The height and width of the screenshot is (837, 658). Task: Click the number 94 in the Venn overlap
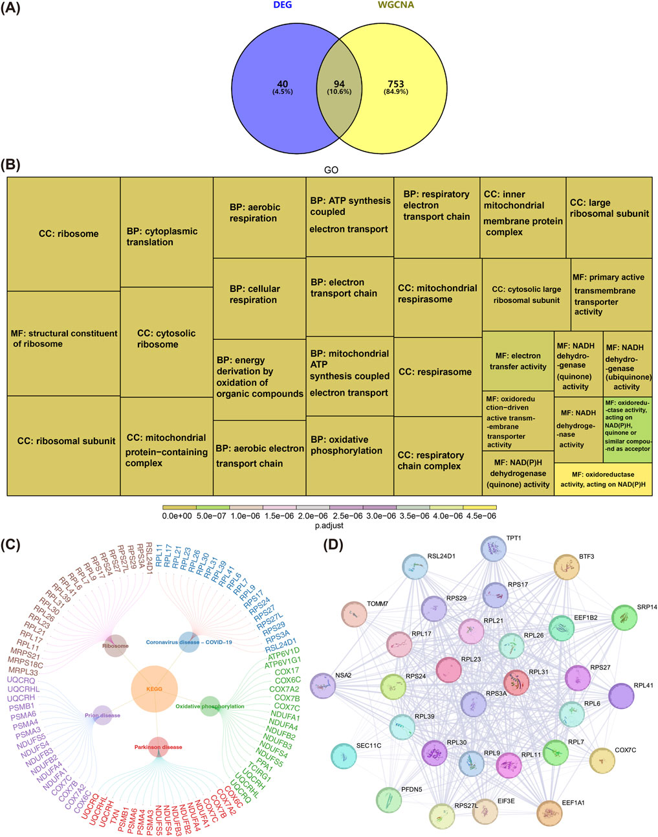[x=339, y=84]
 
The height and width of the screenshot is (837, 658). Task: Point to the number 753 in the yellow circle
[x=395, y=84]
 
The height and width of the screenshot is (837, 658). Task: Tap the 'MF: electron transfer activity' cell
[x=518, y=361]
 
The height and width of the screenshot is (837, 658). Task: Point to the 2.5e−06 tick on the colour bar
[x=347, y=516]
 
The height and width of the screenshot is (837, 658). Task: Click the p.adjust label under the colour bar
[x=329, y=526]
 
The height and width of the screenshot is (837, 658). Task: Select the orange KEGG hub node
[x=154, y=689]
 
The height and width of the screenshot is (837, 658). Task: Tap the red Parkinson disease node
[x=158, y=747]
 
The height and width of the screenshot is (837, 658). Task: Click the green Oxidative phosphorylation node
[x=210, y=706]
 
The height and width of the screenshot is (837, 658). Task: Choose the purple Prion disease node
[x=102, y=716]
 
